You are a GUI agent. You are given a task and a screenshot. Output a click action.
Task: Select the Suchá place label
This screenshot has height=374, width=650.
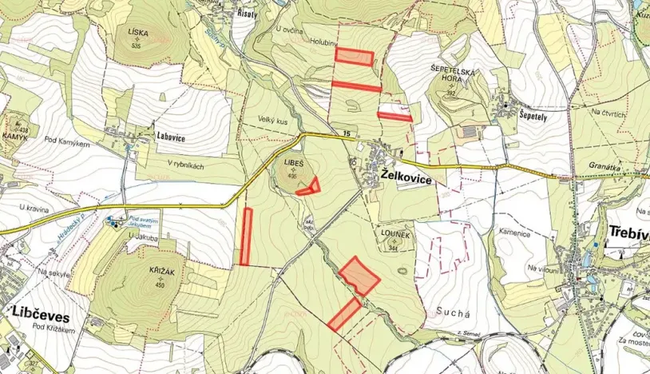point(450,307)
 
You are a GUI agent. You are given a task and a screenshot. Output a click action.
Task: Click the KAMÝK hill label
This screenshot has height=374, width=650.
point(17,138)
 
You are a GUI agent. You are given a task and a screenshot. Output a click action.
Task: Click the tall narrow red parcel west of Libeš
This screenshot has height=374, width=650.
point(247,236)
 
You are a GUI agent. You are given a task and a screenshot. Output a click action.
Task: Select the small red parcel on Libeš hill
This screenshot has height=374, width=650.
point(309,187)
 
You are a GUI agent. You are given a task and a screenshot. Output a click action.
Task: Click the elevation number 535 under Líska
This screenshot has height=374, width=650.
point(136,46)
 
